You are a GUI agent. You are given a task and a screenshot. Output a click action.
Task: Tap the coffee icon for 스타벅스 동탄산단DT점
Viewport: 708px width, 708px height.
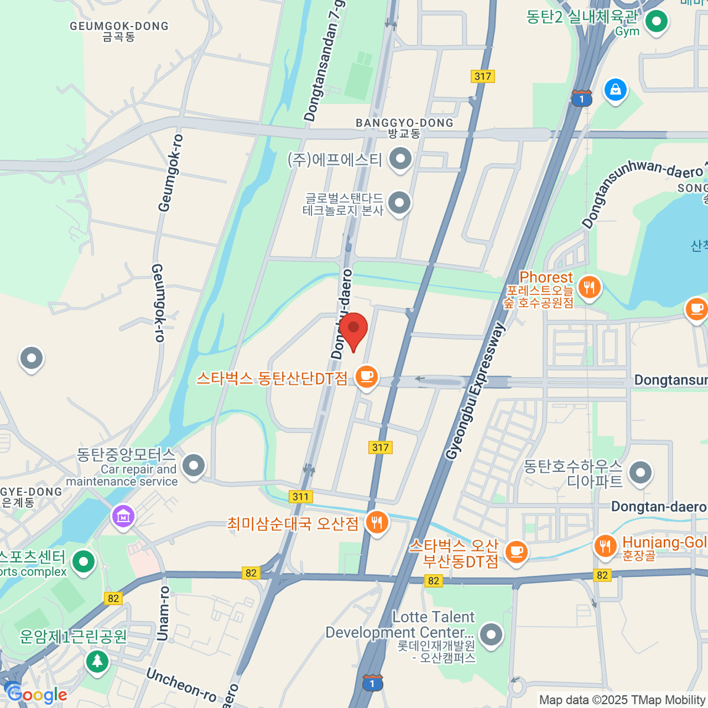366,376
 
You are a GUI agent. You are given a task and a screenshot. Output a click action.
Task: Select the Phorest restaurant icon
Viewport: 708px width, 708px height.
589,288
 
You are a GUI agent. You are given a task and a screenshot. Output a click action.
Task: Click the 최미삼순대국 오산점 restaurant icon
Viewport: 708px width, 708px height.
376,523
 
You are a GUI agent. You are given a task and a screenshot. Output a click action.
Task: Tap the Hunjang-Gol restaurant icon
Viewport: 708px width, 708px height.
605,546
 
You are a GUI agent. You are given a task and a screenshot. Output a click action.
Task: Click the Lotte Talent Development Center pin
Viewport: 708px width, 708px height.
491,635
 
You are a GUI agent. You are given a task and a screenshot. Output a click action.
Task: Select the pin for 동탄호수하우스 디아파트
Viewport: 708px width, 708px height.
640,473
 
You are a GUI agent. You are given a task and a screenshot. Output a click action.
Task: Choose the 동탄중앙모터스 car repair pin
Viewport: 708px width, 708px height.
194,466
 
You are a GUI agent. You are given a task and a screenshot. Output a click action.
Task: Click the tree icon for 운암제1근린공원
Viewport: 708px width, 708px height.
97,660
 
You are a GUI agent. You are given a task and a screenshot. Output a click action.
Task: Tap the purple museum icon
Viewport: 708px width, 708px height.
123,517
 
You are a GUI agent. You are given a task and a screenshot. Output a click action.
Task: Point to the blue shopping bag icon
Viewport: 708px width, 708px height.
615,90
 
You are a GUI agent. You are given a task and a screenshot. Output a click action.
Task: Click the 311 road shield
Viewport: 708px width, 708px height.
301,496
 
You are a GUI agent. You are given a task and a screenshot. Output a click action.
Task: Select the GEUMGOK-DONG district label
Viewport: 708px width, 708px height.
119,27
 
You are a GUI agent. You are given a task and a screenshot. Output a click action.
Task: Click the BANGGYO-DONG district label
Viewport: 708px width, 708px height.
405,123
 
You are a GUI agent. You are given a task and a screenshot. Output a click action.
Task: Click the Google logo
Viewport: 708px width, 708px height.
37,694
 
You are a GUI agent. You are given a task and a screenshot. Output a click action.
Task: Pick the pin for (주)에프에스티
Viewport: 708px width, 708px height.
401,159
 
